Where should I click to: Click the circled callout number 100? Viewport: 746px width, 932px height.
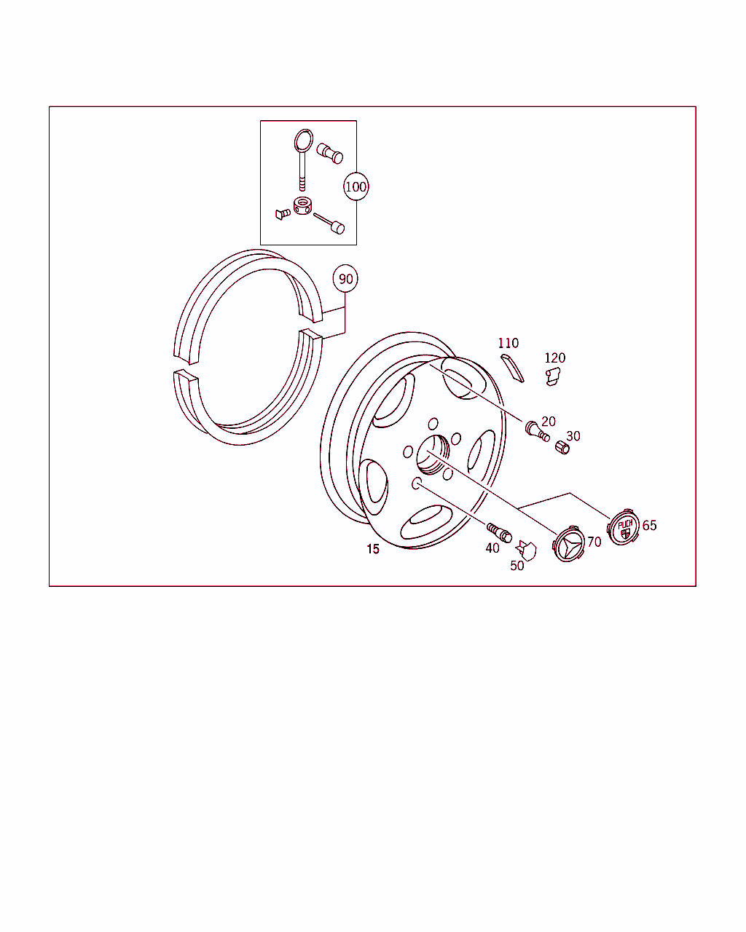pos(356,186)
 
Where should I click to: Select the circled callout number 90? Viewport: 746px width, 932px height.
pos(345,278)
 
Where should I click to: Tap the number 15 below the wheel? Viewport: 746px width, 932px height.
pos(373,549)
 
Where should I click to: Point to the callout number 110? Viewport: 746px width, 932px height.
pos(508,343)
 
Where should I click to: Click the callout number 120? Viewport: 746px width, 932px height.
pos(555,358)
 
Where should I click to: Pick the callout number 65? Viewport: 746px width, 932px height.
pos(649,525)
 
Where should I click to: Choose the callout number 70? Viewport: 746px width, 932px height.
pos(594,542)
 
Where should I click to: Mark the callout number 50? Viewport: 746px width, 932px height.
pos(517,566)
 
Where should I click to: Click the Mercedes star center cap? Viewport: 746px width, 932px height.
pos(568,544)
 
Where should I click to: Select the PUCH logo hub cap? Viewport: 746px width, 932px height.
pos(624,528)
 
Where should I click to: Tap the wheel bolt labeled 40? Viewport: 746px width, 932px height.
pos(499,533)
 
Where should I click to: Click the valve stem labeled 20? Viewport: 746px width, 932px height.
pos(538,431)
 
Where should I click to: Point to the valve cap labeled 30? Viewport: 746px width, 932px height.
pos(562,447)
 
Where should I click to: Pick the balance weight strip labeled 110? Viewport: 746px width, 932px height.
pos(512,368)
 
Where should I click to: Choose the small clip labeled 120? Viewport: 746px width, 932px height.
pos(553,376)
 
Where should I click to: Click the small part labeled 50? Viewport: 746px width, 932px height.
pos(526,550)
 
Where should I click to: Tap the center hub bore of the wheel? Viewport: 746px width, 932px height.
pos(433,455)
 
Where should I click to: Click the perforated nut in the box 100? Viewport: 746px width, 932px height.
pos(302,206)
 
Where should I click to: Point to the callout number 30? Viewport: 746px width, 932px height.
pos(573,436)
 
